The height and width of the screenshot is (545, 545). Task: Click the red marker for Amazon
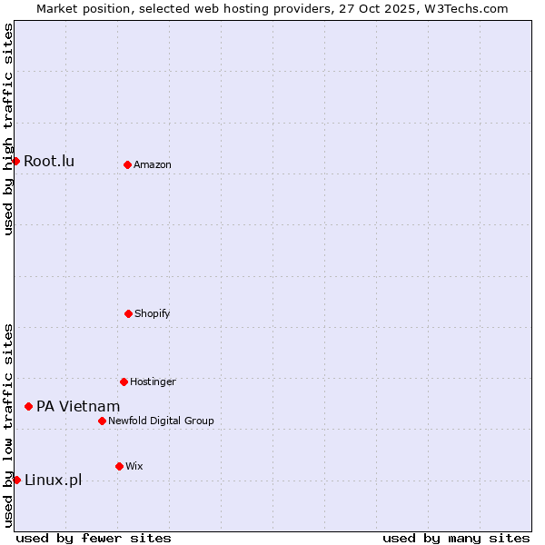pos(127,164)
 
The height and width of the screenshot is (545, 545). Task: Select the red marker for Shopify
pos(128,313)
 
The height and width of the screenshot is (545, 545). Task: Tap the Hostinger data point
pos(124,381)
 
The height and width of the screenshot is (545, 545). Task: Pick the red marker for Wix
pos(119,466)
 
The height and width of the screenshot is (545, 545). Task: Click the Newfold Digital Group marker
pos(102,421)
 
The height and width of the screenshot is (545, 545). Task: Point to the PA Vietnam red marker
pos(28,406)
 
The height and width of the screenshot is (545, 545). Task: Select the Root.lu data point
pos(15,161)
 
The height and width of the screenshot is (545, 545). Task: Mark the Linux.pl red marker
pos(16,480)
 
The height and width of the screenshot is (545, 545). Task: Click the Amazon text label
pos(153,164)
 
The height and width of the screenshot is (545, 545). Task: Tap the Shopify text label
pos(153,313)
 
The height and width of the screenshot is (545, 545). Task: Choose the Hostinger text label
pos(153,381)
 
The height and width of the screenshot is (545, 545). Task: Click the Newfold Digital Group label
pos(161,421)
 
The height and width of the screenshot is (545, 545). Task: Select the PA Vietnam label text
pos(78,406)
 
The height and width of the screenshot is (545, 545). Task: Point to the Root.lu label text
pos(49,161)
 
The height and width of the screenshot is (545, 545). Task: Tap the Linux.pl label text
pos(53,480)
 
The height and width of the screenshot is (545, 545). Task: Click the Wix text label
pos(134,466)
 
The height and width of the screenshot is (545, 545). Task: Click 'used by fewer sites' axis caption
pos(94,538)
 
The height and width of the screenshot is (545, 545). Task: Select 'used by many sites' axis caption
pos(456,538)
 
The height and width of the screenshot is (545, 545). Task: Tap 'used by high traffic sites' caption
pos(8,129)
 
